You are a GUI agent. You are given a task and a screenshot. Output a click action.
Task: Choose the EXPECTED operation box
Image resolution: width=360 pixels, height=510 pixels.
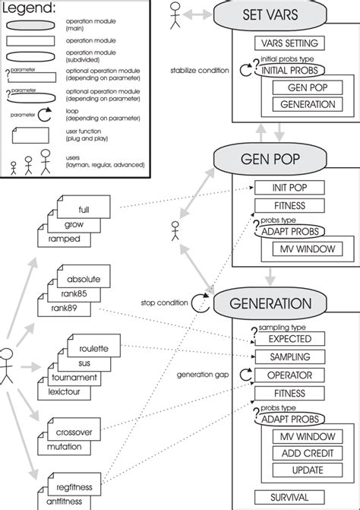point(289,338)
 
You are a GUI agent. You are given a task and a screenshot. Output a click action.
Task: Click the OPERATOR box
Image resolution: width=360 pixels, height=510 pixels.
point(289,375)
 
